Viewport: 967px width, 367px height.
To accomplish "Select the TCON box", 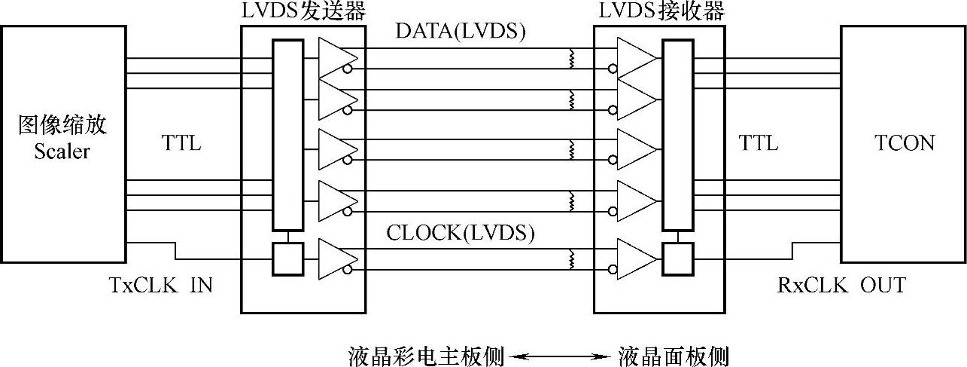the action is coord(903,144).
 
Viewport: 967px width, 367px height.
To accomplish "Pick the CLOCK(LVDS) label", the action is coord(461,233).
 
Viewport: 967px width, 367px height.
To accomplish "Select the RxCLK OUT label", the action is coord(841,285).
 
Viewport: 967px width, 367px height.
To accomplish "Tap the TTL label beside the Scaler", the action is coord(181,142).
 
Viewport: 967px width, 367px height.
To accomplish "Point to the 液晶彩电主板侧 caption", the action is coord(426,355).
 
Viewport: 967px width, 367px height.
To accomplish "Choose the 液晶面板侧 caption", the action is coord(673,355).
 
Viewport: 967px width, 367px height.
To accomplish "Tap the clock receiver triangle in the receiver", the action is coord(635,258).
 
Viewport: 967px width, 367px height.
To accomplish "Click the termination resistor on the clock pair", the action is coord(571,259).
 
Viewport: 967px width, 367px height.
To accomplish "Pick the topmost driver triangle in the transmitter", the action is coord(336,58).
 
